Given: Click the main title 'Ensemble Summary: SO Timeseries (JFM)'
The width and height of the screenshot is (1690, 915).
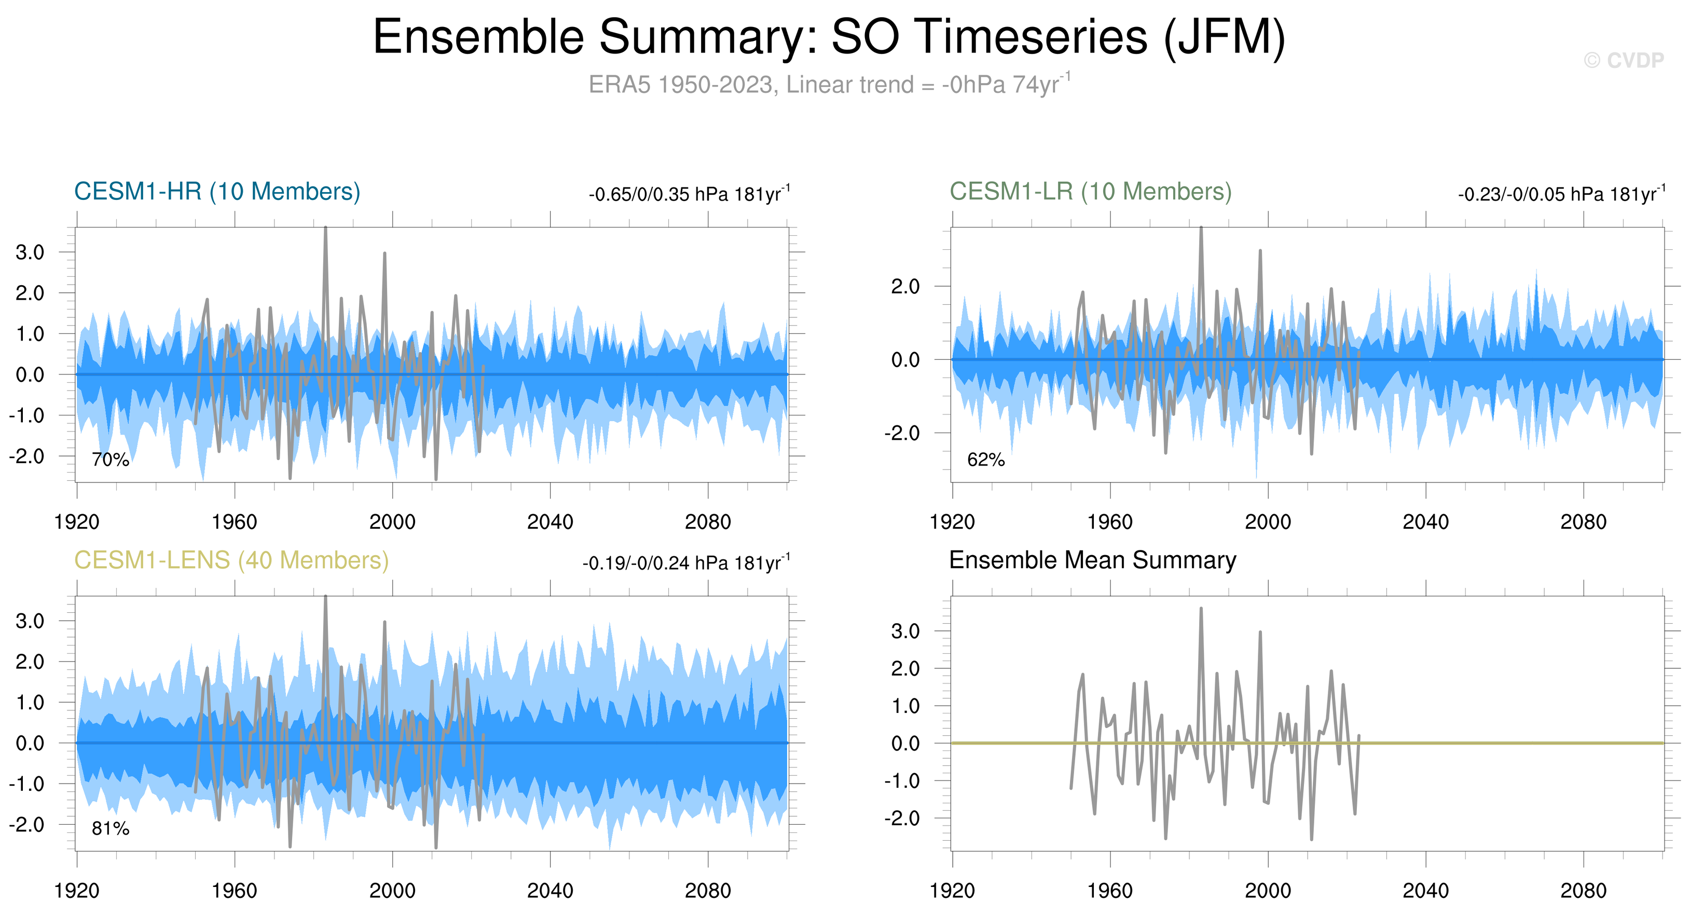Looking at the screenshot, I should pyautogui.click(x=829, y=37).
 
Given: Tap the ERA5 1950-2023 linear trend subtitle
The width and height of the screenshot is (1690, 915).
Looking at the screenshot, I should pyautogui.click(x=829, y=85).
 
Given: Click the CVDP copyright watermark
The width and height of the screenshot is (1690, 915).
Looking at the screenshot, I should pyautogui.click(x=1623, y=60).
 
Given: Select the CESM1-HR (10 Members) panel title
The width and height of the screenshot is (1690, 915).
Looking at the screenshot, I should pyautogui.click(x=217, y=192).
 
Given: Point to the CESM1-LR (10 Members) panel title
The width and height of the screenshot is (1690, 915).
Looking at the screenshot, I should pyautogui.click(x=1090, y=192).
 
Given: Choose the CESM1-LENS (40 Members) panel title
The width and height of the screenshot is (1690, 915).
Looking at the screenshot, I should pyautogui.click(x=231, y=560).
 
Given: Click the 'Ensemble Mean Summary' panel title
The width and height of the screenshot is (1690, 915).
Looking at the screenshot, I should pyautogui.click(x=1092, y=560).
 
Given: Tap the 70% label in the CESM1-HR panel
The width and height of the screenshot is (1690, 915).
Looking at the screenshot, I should pyautogui.click(x=110, y=460).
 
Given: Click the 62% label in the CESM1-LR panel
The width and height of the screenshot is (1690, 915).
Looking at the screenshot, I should pyautogui.click(x=985, y=460).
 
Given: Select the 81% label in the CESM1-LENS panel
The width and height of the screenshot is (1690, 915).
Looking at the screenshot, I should pyautogui.click(x=110, y=829).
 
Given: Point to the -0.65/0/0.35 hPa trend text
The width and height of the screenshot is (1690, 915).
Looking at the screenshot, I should pyautogui.click(x=689, y=194).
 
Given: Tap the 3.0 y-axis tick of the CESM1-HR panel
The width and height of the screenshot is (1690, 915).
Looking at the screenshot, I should pyautogui.click(x=30, y=252).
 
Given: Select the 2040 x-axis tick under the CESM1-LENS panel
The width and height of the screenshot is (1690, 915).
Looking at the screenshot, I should pyautogui.click(x=550, y=891).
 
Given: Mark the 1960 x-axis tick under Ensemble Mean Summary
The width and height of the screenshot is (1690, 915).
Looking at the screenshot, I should pyautogui.click(x=1110, y=891).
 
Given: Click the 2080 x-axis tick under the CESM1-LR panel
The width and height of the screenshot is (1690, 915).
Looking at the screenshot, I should pyautogui.click(x=1583, y=522).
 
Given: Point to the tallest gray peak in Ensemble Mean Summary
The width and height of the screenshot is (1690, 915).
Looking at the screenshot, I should pyautogui.click(x=1201, y=609).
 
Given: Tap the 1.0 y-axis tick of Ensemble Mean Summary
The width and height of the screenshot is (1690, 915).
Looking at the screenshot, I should pyautogui.click(x=905, y=706).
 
